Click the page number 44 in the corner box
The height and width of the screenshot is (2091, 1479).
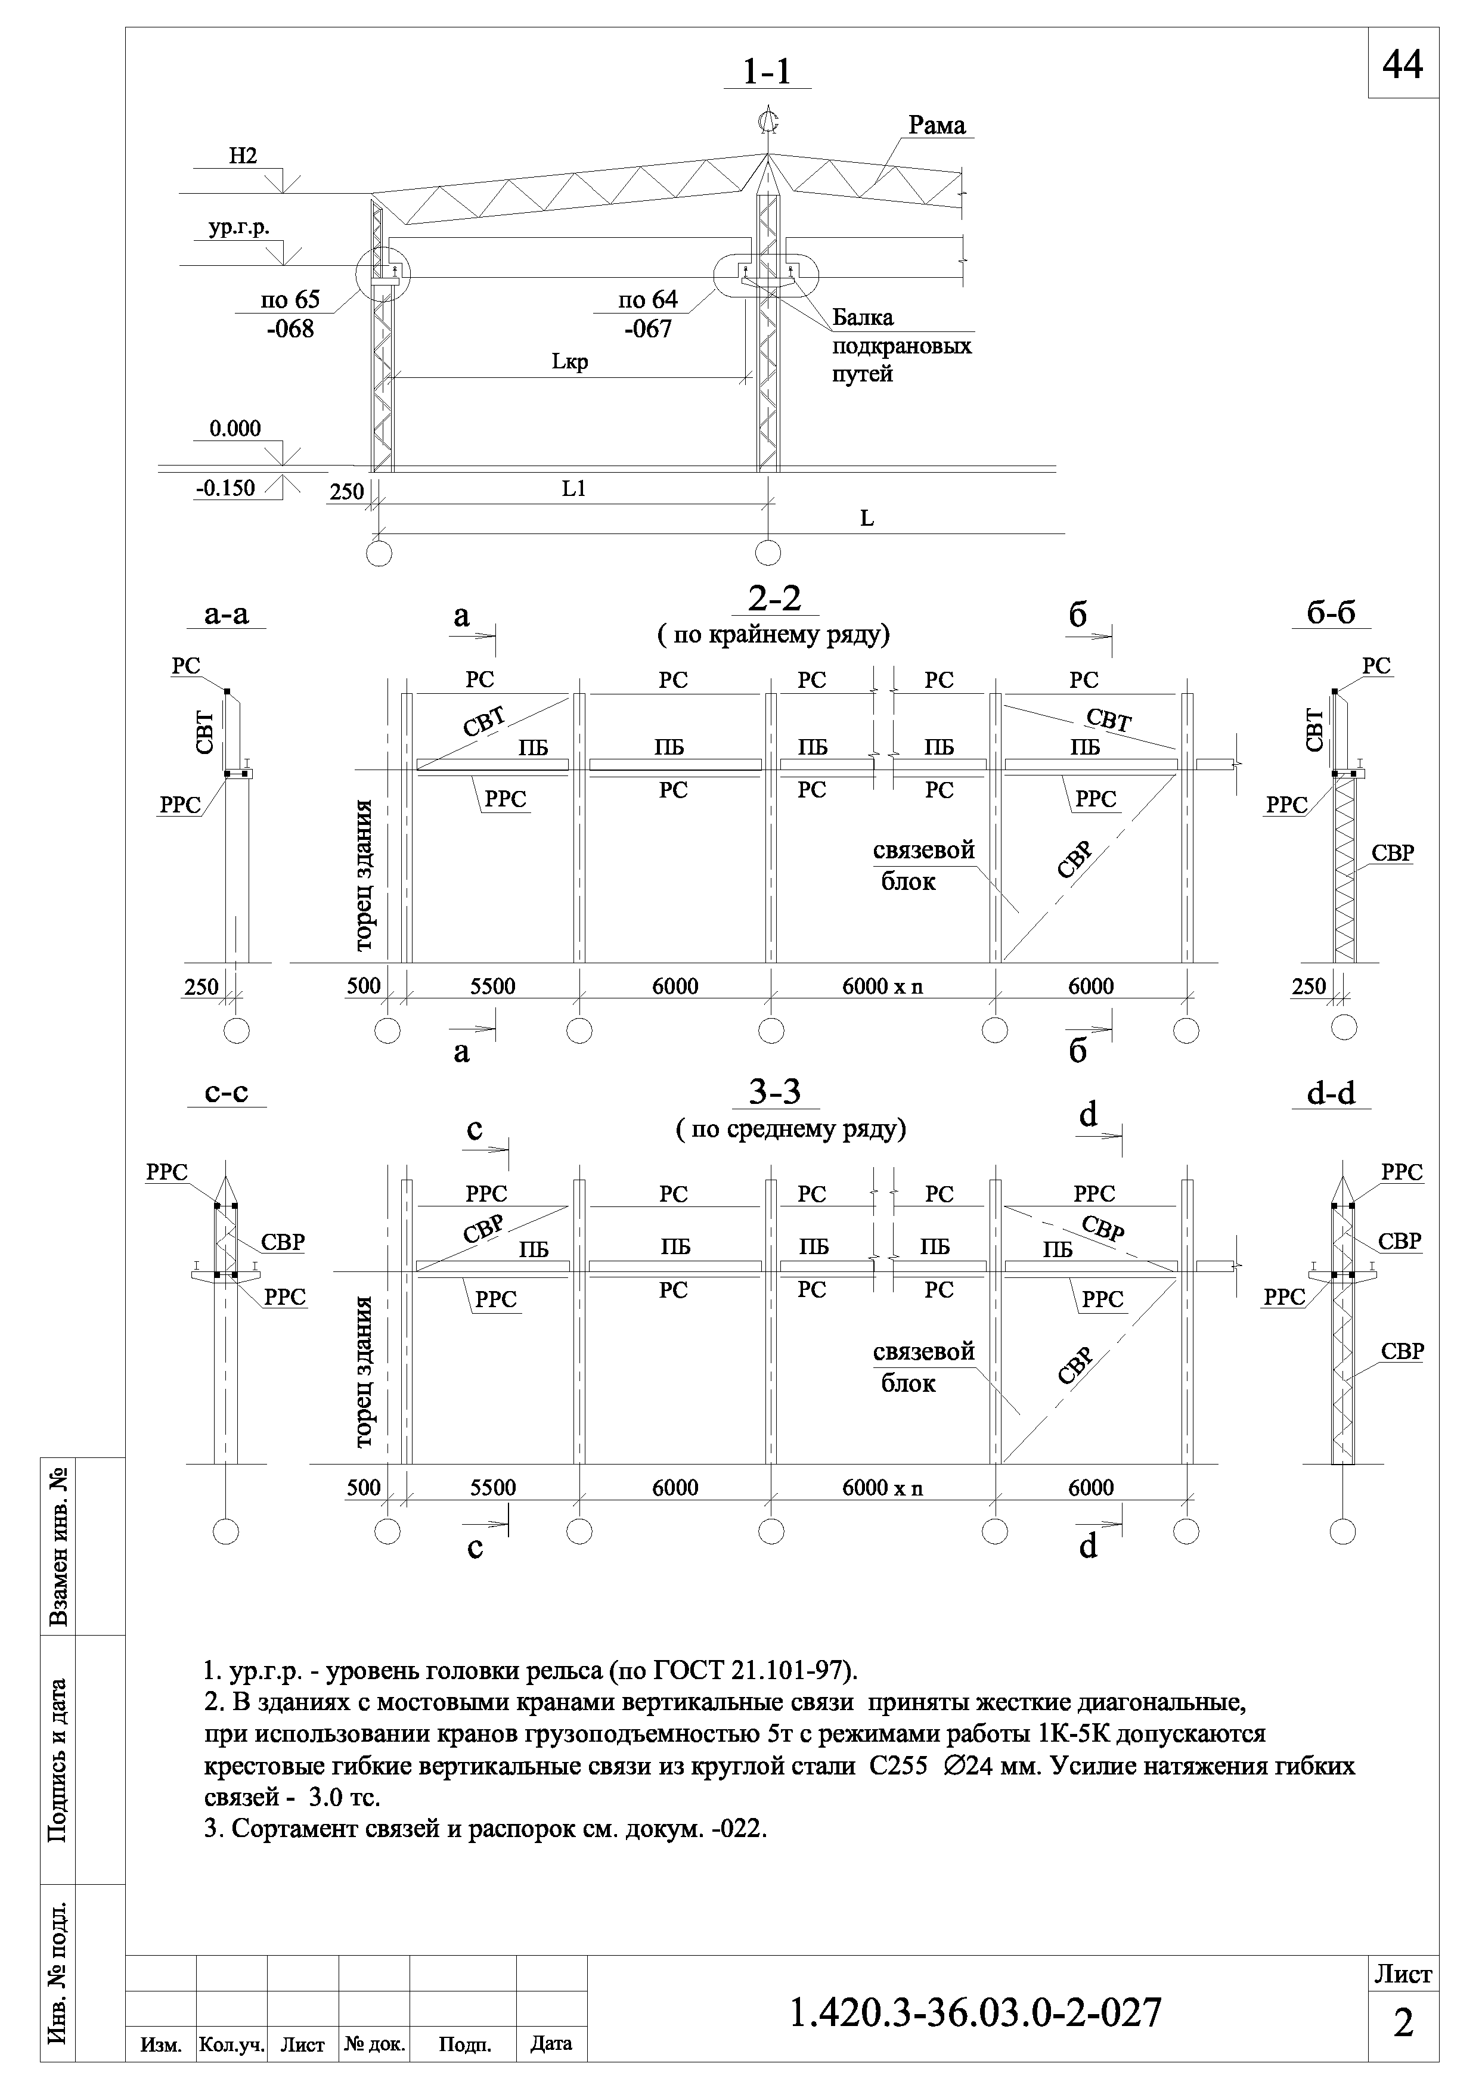click(x=1403, y=64)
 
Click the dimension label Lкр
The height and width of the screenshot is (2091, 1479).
click(x=570, y=362)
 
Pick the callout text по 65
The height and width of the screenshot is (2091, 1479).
click(x=290, y=300)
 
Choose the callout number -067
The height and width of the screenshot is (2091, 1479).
click(x=649, y=329)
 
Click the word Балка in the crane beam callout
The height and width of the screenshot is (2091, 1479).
click(x=863, y=318)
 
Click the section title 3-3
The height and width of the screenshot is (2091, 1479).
click(x=774, y=1092)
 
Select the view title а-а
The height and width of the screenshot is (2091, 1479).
click(x=227, y=615)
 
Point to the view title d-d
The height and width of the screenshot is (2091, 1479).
click(x=1332, y=1093)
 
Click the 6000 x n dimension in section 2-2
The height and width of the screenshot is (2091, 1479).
click(x=882, y=986)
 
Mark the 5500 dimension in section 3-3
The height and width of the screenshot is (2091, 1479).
click(x=492, y=1488)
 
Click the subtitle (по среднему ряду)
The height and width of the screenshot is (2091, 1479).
click(x=790, y=1130)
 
